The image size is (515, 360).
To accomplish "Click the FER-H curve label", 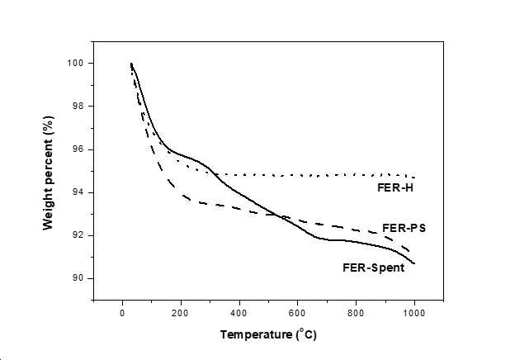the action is [395, 187].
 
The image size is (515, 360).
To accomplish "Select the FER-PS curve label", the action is [404, 228].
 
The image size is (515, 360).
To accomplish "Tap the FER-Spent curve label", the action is [373, 268].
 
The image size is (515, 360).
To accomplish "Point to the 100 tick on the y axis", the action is [75, 63].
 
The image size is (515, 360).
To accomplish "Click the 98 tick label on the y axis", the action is [78, 106].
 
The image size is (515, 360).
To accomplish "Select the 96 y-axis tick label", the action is [78, 149].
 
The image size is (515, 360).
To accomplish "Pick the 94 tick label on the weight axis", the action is [78, 192].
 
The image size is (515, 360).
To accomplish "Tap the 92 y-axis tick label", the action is [78, 235].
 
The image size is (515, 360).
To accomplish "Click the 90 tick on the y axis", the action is [78, 278].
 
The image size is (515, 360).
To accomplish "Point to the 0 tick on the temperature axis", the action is [122, 313].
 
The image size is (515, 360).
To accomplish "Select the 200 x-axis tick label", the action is [180, 313].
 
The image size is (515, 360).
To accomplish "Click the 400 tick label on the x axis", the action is [239, 313].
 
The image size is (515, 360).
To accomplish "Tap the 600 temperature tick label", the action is [297, 313].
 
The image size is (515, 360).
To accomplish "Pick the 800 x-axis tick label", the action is [356, 313].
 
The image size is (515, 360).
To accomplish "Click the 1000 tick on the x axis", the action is [413, 313].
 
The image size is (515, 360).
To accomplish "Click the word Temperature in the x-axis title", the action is [256, 334].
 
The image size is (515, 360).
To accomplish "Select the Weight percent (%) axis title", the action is [48, 173].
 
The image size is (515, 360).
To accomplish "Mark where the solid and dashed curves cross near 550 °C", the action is [280, 216].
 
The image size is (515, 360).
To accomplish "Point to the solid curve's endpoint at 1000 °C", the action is [414, 263].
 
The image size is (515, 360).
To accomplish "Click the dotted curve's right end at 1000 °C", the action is [414, 178].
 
